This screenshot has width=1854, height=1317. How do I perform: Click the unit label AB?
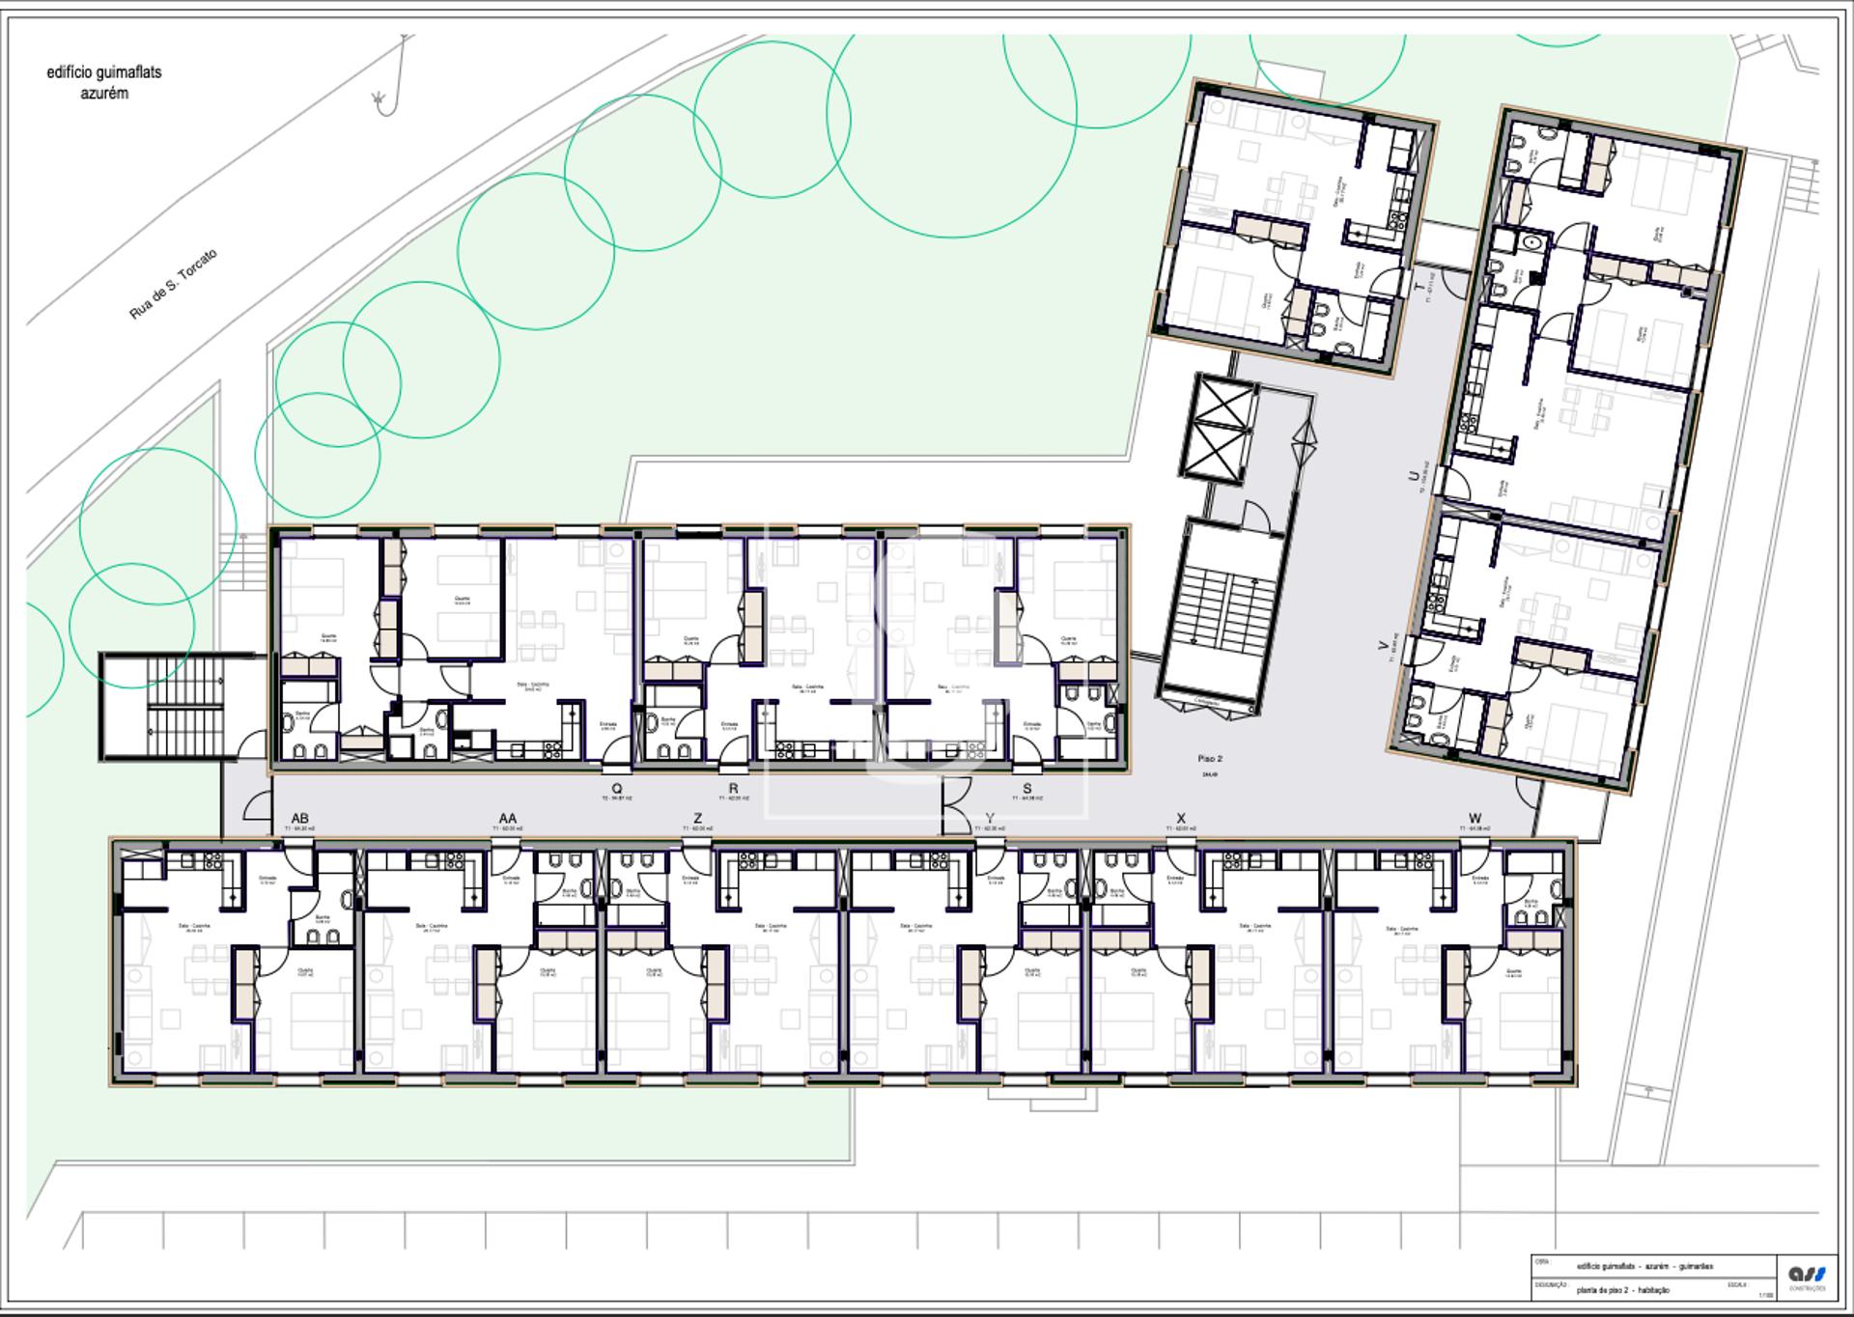(299, 819)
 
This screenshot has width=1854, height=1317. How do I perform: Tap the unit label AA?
(508, 819)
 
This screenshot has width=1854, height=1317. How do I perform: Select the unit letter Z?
(698, 819)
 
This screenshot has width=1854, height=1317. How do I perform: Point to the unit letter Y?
(990, 819)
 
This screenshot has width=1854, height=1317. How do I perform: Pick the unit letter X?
(1181, 819)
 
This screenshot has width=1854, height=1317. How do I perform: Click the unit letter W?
(1475, 819)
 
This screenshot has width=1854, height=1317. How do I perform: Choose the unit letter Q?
(617, 789)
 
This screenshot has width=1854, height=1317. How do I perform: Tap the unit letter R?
(733, 789)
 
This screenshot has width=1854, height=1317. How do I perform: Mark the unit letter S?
(1026, 789)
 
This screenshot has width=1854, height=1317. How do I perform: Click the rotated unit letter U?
(1414, 475)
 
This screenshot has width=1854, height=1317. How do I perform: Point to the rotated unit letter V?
(1384, 645)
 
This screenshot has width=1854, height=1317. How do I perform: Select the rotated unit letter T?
(1419, 288)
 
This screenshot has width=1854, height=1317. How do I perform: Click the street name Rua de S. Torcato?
(174, 284)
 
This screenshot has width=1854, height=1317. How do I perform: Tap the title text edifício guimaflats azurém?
(104, 83)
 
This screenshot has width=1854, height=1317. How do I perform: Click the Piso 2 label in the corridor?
(1209, 759)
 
